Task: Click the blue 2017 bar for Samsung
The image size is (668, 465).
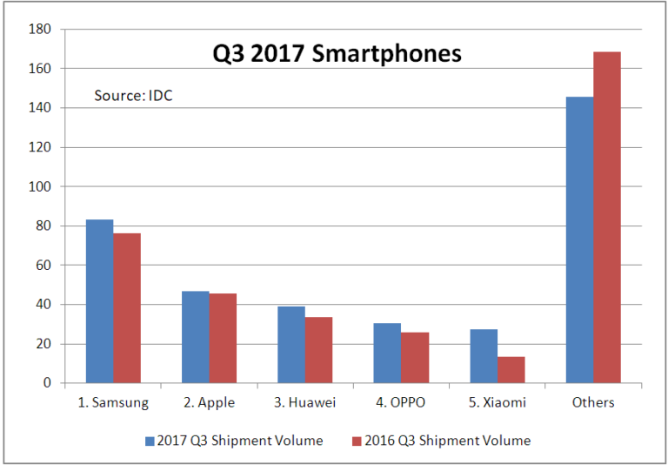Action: pyautogui.click(x=99, y=301)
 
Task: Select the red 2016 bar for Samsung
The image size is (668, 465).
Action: pyautogui.click(x=126, y=308)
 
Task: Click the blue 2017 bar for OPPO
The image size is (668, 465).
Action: pyautogui.click(x=387, y=353)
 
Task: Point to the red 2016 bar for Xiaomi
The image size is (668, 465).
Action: pyautogui.click(x=511, y=370)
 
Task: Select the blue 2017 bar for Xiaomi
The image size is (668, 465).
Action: pyautogui.click(x=484, y=356)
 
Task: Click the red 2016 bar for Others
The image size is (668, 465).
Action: pyautogui.click(x=607, y=218)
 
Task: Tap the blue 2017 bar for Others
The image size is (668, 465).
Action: pyautogui.click(x=579, y=240)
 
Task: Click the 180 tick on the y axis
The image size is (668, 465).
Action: pyautogui.click(x=41, y=30)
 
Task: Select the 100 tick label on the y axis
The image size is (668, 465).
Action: pyautogui.click(x=41, y=187)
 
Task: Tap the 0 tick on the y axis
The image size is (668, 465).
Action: pyautogui.click(x=48, y=383)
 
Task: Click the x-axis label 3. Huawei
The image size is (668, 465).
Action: pyautogui.click(x=304, y=402)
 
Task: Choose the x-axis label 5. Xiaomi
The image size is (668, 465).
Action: pyautogui.click(x=497, y=402)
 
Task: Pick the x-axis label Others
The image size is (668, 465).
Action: pyautogui.click(x=593, y=402)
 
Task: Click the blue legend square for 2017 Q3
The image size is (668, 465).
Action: pyautogui.click(x=150, y=441)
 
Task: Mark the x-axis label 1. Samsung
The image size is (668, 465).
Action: pyautogui.click(x=113, y=402)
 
